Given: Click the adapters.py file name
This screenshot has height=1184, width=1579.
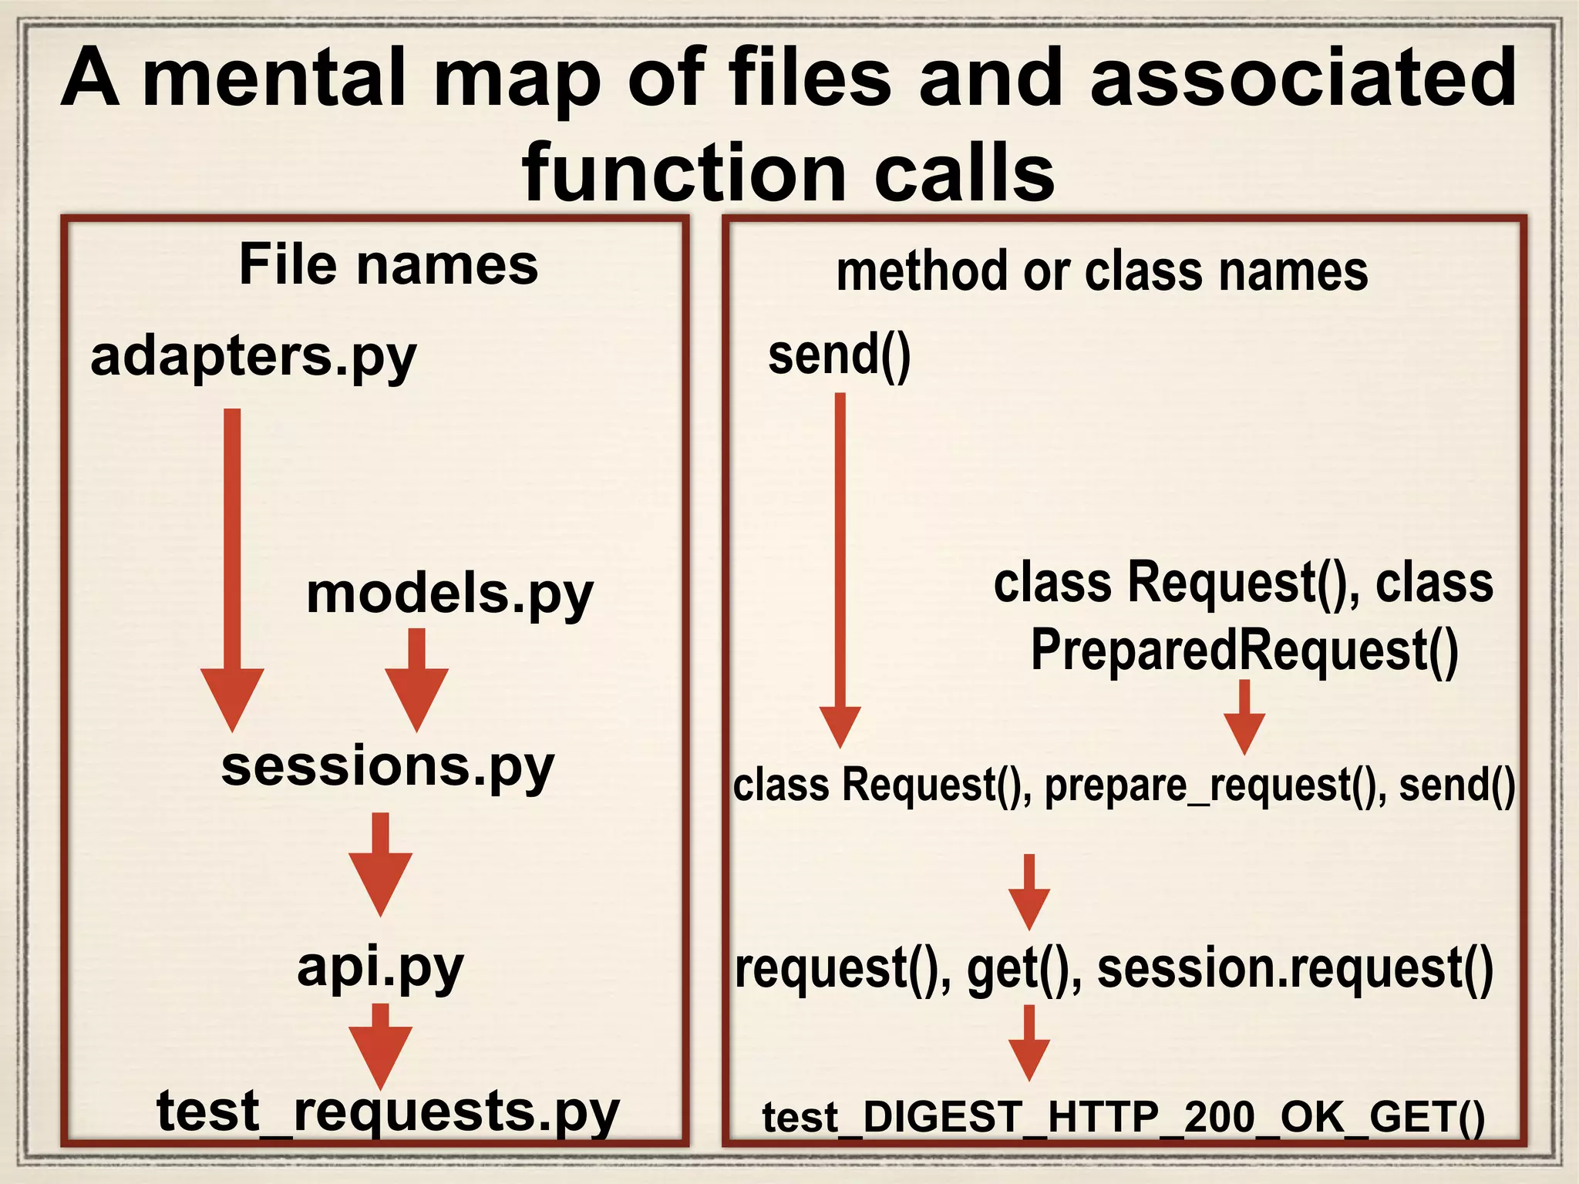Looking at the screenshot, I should pos(253,357).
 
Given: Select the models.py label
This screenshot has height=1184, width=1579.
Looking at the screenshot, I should pos(449,594).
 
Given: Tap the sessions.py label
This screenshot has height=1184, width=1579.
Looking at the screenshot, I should pos(388,767).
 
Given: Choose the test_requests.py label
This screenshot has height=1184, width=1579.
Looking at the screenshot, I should pos(388,1111).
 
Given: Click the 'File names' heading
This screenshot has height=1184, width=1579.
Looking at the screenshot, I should pos(389,264).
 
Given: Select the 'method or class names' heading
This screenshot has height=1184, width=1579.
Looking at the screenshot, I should pos(1102,271).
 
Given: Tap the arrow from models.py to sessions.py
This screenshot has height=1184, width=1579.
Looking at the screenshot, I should pos(416,678).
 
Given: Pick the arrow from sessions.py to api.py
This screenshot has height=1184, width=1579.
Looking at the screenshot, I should pos(380,863).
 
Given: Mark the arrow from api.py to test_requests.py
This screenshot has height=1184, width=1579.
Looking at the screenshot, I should pos(380,1045).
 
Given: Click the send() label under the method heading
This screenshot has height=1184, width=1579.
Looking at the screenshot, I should pos(840,355).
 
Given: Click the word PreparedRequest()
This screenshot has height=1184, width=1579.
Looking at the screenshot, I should pos(1244,650).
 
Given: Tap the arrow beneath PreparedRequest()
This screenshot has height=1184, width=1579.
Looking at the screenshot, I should pos(1244,717).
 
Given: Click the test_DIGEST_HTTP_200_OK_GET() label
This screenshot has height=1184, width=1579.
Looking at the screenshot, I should pos(1123,1117).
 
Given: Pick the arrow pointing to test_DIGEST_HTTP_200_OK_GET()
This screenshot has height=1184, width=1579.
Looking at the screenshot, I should pos(1029,1042).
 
